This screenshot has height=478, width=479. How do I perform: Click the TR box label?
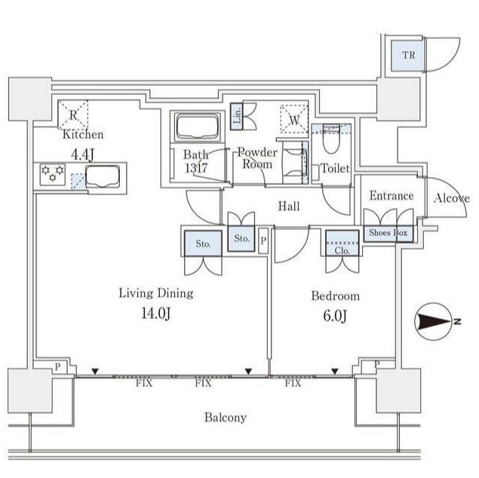pyautogui.click(x=407, y=55)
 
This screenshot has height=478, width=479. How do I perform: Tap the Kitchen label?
pyautogui.click(x=83, y=135)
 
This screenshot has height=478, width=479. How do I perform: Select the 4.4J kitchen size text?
pyautogui.click(x=83, y=154)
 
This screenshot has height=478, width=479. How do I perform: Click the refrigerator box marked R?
pyautogui.click(x=73, y=114)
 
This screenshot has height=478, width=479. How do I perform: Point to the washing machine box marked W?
pyautogui.click(x=293, y=118)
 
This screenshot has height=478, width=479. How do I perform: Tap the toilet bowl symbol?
pyautogui.click(x=331, y=140)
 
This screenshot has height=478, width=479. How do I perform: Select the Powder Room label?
pyautogui.click(x=257, y=158)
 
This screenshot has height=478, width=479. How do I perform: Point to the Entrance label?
pyautogui.click(x=391, y=196)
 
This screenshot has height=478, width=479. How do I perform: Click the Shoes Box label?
pyautogui.click(x=387, y=234)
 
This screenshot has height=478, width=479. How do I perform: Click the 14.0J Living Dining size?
pyautogui.click(x=155, y=314)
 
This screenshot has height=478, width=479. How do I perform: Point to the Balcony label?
pyautogui.click(x=226, y=417)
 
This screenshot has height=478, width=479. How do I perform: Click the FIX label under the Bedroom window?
pyautogui.click(x=293, y=383)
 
